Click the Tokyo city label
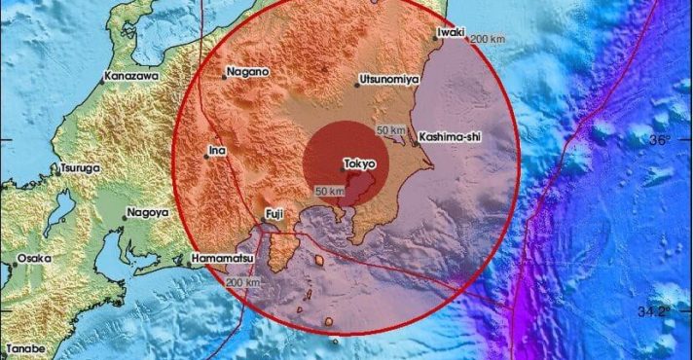tap(361, 164)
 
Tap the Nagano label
tap(248, 70)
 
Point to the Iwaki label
tap(451, 31)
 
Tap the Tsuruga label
tap(80, 167)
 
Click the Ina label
tap(216, 151)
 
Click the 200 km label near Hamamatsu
tap(242, 282)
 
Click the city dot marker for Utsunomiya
tap(357, 85)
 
